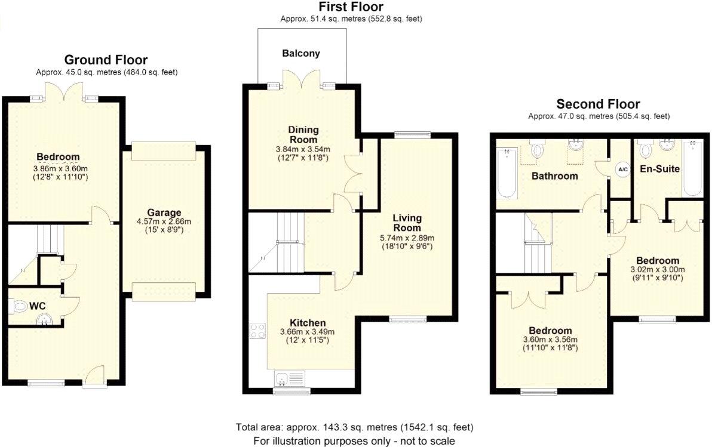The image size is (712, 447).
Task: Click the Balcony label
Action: click(301, 53)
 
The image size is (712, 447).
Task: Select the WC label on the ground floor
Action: click(38, 306)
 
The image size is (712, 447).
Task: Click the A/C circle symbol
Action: click(622, 169)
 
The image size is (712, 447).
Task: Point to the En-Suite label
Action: click(660, 169)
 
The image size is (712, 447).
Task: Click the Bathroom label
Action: click(555, 176)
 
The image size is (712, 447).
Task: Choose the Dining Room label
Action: click(303, 134)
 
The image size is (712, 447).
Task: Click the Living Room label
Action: click(407, 222)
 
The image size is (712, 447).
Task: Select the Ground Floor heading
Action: click(106, 60)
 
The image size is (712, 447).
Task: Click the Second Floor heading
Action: click(599, 104)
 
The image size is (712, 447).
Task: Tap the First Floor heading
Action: click(351, 7)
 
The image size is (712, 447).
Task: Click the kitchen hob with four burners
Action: click(257, 331)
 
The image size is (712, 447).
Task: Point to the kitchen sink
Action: click(290, 377)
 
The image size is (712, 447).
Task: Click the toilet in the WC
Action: click(20, 307)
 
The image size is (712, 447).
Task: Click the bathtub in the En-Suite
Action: click(693, 169)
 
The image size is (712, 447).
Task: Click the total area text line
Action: click(355, 427)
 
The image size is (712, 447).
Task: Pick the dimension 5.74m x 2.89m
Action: click(407, 238)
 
